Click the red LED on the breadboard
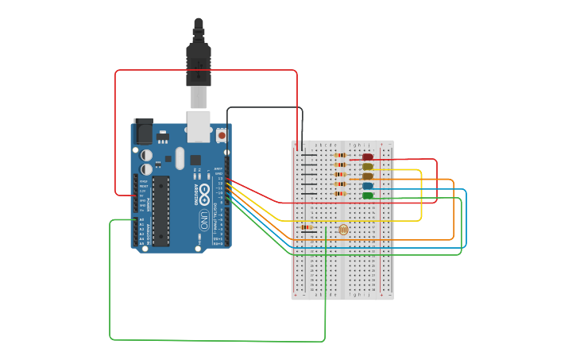(368, 157)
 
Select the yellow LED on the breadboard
(368, 167)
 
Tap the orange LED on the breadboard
(368, 176)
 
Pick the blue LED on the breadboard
(368, 186)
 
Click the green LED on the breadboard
(368, 195)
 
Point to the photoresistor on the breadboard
(343, 230)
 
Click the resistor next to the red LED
(341, 156)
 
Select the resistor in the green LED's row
(341, 194)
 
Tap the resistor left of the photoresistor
(307, 227)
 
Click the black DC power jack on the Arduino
(144, 131)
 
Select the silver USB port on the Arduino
(199, 126)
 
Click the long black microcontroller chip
(161, 211)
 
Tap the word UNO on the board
(203, 218)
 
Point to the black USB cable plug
(198, 60)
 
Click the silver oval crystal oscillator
(180, 157)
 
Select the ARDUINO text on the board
(196, 193)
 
